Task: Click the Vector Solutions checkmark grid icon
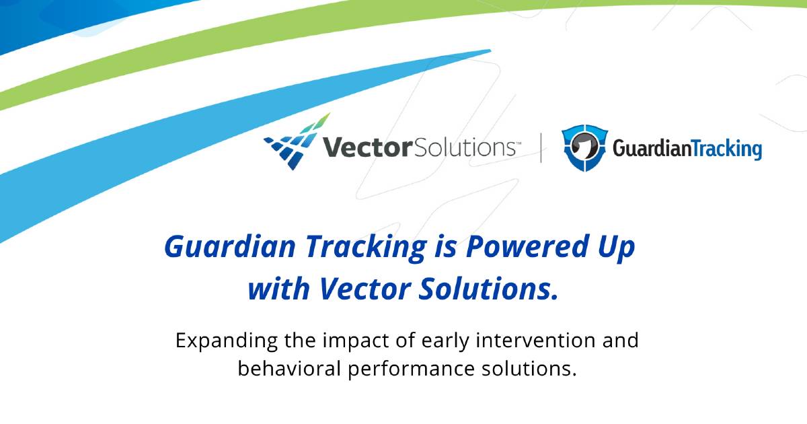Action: (x=296, y=143)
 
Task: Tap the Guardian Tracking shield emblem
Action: (x=584, y=147)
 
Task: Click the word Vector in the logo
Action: (x=367, y=147)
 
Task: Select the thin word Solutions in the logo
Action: (x=465, y=147)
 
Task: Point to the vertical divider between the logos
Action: (x=541, y=148)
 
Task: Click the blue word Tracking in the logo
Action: (x=726, y=149)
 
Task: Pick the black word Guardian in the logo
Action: (x=652, y=149)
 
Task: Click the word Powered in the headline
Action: (x=528, y=246)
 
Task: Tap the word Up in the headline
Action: (x=617, y=248)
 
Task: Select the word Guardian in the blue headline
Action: (x=230, y=246)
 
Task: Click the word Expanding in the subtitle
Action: (x=227, y=341)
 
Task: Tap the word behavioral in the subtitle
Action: (x=289, y=369)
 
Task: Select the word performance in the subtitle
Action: (x=412, y=369)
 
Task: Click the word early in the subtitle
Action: (x=445, y=341)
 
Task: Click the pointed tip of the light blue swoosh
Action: (x=490, y=50)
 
